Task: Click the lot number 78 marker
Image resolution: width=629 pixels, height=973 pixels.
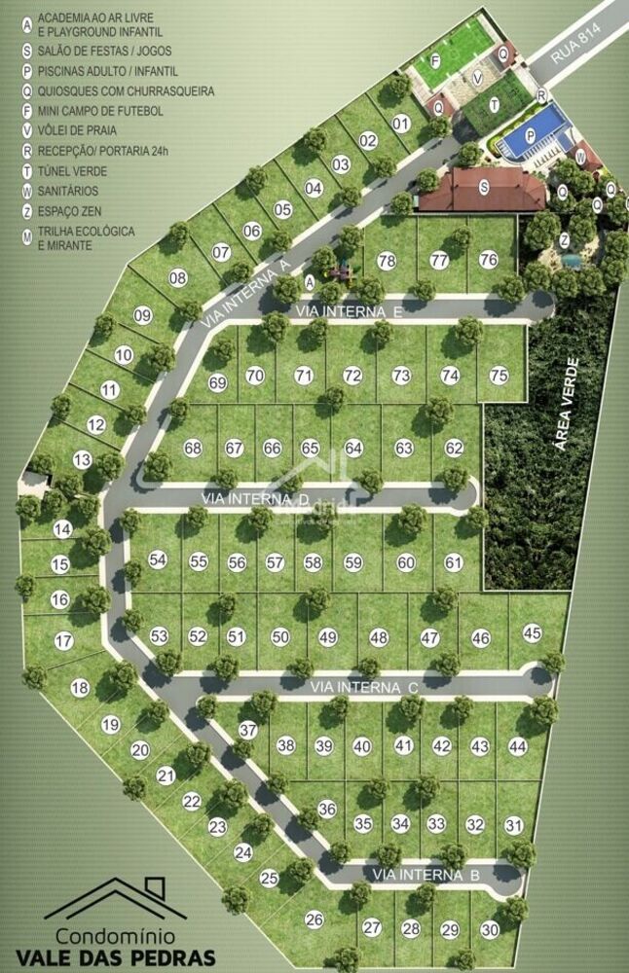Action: pos(387,261)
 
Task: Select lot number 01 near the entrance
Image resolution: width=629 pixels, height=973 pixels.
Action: pos(400,124)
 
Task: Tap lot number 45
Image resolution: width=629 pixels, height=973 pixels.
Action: pos(532,633)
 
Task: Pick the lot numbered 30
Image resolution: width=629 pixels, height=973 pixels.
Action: pos(489,929)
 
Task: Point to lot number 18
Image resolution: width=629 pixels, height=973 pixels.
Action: pos(80,687)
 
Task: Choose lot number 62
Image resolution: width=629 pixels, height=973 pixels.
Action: pos(455,449)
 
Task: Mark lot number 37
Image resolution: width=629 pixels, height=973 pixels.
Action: pos(248,730)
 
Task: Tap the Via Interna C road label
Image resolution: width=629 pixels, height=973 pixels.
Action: pos(364,688)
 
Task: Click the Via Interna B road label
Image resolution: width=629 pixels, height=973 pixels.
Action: pos(426,875)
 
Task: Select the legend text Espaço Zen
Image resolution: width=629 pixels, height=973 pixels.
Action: pos(73,211)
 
